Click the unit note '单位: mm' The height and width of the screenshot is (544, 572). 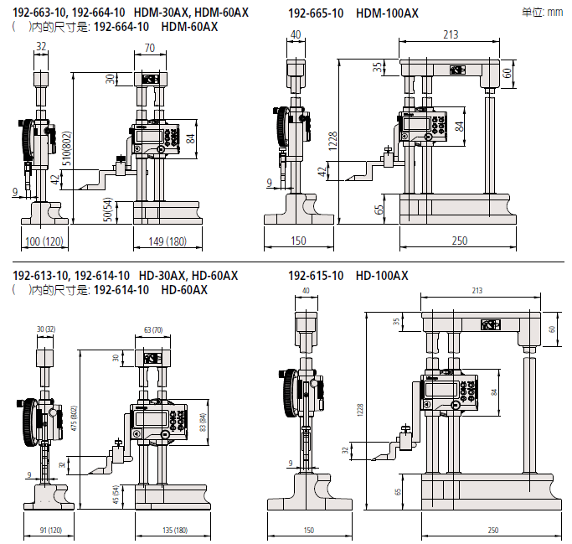(543, 13)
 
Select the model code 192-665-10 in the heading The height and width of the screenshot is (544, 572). (316, 13)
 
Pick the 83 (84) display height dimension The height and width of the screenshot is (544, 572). (203, 425)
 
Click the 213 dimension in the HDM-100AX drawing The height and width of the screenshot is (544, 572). (451, 34)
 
